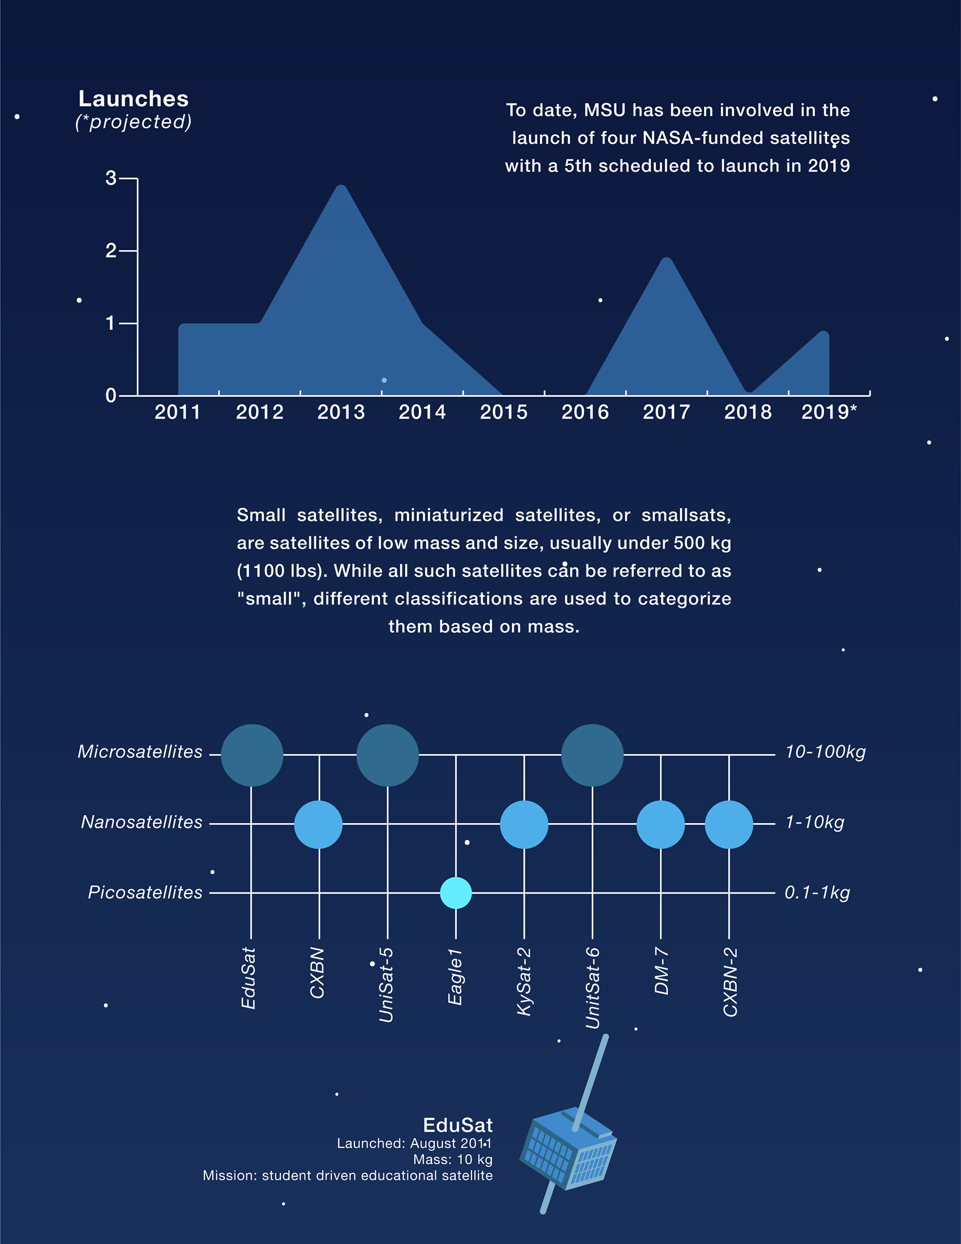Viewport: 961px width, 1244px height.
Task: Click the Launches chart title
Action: coord(133,99)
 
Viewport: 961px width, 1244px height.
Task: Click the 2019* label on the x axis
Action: coord(829,412)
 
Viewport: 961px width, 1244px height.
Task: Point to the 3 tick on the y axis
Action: coord(111,178)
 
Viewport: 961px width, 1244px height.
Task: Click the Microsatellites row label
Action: coord(140,752)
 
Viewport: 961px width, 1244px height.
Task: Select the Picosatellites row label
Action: coord(145,892)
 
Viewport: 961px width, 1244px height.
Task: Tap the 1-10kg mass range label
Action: coord(815,822)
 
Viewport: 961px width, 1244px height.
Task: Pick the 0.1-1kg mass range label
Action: coord(817,892)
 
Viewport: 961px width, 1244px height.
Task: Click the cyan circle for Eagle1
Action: coord(456,892)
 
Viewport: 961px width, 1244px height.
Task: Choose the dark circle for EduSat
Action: coord(252,755)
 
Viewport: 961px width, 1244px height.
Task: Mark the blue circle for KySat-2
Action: coord(524,824)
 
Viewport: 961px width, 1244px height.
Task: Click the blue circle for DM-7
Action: coord(660,824)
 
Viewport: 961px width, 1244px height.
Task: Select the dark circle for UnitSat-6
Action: coord(592,755)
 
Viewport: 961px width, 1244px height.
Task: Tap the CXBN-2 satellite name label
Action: coord(730,982)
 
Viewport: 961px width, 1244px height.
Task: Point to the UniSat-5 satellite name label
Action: coord(386,985)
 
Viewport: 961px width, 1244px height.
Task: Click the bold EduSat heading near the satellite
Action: coord(458,1125)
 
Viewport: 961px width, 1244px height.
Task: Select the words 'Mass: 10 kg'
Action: coord(452,1160)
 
